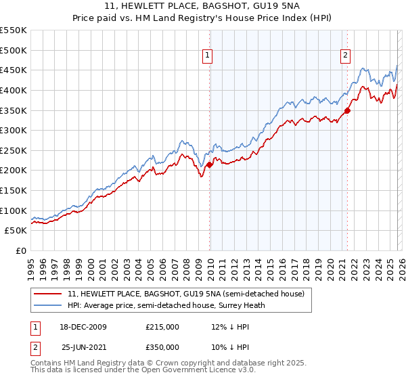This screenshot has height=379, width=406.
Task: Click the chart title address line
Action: pos(203,6)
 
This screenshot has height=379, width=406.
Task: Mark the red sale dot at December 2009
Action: pos(210,164)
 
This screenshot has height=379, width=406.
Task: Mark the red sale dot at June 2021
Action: pos(347,110)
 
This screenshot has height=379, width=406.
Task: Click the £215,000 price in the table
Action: pos(162,327)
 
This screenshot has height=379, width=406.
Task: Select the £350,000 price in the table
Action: pos(162,347)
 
